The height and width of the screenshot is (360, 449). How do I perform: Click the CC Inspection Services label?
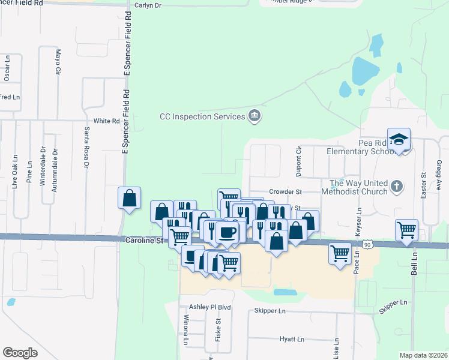(202, 116)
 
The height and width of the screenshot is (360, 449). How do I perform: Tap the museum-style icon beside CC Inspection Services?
(254, 116)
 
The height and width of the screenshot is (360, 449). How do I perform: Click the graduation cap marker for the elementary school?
(398, 139)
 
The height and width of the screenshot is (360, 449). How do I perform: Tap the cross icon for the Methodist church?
(396, 187)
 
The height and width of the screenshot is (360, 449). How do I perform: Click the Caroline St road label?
(144, 240)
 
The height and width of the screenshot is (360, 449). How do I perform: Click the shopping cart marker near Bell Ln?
(406, 230)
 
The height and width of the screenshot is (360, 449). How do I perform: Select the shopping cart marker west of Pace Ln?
(340, 253)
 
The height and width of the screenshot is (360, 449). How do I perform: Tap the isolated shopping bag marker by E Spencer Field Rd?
(130, 197)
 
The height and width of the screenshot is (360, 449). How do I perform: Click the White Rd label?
(107, 121)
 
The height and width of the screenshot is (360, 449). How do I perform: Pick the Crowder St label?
(285, 191)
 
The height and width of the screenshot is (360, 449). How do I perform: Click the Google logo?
(20, 353)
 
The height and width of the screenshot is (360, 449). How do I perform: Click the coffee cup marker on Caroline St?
(226, 232)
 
